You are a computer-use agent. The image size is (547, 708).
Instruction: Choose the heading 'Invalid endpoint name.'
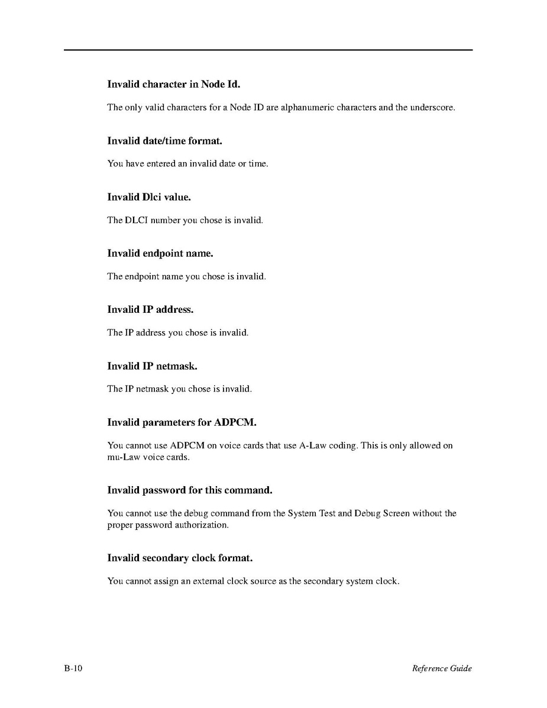coord(160,253)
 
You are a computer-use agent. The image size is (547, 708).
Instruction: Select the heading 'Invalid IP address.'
coord(150,309)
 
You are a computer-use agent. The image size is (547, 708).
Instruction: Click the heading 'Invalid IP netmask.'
coord(152,366)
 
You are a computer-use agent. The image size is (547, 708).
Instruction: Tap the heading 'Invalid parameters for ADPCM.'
coord(182,422)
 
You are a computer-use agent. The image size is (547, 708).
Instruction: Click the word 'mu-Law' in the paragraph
coord(120,457)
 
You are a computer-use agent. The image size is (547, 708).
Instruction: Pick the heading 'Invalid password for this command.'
coord(189,490)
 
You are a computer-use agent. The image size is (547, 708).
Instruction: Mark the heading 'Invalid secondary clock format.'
coord(181,558)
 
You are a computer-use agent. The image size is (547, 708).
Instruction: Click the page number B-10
coord(74,668)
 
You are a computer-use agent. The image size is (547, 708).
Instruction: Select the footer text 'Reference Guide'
coord(442,668)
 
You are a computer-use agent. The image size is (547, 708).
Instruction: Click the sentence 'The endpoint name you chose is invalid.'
coord(186,276)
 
